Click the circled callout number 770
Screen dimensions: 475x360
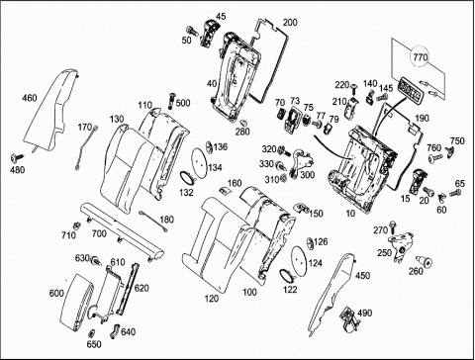pyautogui.click(x=420, y=57)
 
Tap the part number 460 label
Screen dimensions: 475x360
pyautogui.click(x=30, y=98)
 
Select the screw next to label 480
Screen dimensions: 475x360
pyautogui.click(x=18, y=158)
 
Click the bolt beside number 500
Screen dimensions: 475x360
pyautogui.click(x=171, y=100)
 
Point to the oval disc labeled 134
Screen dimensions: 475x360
pyautogui.click(x=199, y=161)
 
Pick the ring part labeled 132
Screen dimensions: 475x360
pyautogui.click(x=187, y=177)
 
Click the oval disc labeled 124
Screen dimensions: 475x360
pyautogui.click(x=299, y=259)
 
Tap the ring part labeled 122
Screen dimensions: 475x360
pyautogui.click(x=287, y=275)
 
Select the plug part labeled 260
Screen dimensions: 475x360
pyautogui.click(x=425, y=262)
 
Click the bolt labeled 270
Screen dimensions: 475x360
pyautogui.click(x=393, y=226)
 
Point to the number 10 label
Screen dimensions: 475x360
pyautogui.click(x=350, y=214)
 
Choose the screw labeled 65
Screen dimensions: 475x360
pyautogui.click(x=455, y=193)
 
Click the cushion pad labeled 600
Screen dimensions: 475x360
pyautogui.click(x=76, y=302)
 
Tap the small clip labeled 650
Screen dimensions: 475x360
pyautogui.click(x=92, y=332)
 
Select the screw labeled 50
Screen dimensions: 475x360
pyautogui.click(x=192, y=31)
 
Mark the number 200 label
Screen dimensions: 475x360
pyautogui.click(x=290, y=23)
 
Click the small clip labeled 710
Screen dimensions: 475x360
pyautogui.click(x=77, y=225)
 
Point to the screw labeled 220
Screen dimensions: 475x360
pyautogui.click(x=354, y=88)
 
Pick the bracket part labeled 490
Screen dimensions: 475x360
pyautogui.click(x=349, y=319)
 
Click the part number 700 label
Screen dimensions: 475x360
pyautogui.click(x=99, y=233)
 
